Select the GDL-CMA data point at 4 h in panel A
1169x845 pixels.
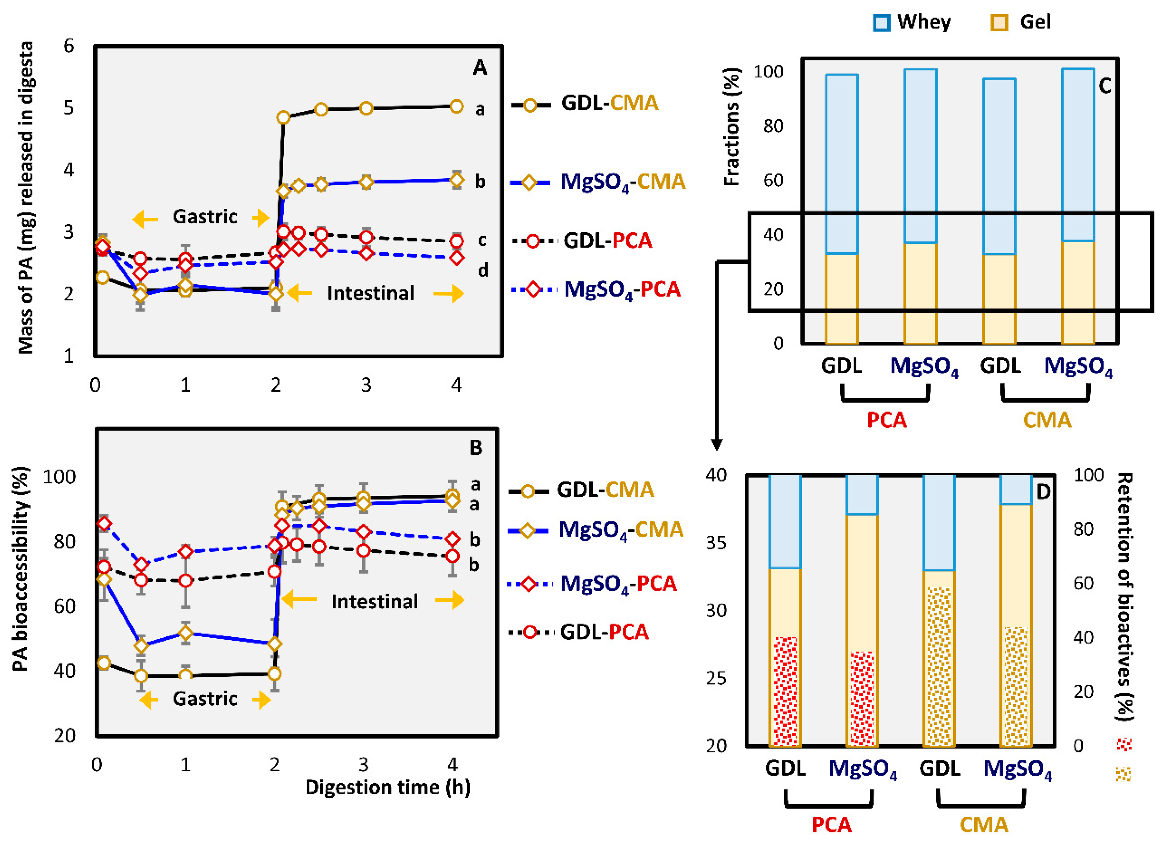[x=456, y=107]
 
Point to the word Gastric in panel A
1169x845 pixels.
[x=205, y=216]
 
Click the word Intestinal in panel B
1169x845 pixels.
[x=374, y=601]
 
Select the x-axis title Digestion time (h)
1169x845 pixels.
[x=388, y=787]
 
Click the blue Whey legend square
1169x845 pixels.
[x=881, y=23]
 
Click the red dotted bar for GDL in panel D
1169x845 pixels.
[x=785, y=691]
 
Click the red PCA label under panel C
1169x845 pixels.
[x=887, y=420]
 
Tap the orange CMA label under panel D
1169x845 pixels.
[x=983, y=825]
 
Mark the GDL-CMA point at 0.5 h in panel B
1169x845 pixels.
[x=141, y=675]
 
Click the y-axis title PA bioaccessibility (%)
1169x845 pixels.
[x=21, y=569]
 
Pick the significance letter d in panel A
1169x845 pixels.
[x=483, y=270]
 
